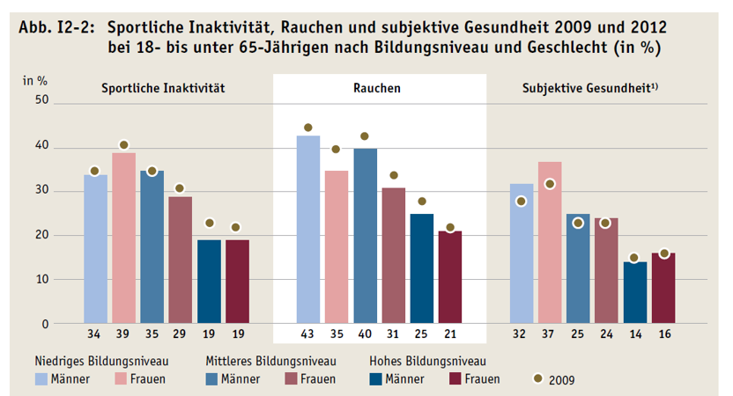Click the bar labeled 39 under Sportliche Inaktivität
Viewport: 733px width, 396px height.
(x=123, y=238)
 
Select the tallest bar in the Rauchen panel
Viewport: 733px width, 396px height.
(x=307, y=229)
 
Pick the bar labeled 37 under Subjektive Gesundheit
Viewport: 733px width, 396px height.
(x=549, y=242)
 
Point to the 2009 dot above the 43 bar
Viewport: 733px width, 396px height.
(x=307, y=128)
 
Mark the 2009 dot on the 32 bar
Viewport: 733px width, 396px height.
(x=522, y=202)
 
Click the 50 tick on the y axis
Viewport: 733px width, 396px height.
(x=41, y=103)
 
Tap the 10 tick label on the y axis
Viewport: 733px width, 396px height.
(x=41, y=279)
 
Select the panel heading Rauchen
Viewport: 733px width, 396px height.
(x=380, y=88)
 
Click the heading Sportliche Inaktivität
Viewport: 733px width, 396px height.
(x=163, y=88)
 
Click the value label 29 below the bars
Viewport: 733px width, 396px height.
(x=180, y=334)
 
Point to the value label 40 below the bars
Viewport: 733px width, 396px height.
(x=364, y=334)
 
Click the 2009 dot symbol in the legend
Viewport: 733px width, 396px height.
(x=538, y=379)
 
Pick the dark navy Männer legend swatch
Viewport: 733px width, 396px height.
(x=380, y=379)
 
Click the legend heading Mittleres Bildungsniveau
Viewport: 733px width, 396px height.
(x=270, y=361)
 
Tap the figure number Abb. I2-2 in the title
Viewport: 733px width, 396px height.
(x=55, y=27)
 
